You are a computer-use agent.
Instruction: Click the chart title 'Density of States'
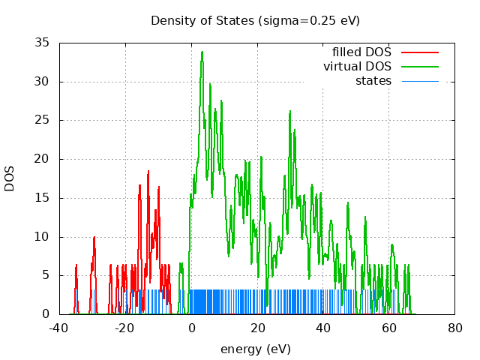pos(202,20)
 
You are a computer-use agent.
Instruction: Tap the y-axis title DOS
pos(10,178)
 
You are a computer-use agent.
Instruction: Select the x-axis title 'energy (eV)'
pos(255,349)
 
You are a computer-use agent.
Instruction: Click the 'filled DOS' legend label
pos(362,52)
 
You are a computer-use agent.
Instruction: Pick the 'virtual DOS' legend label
pos(358,67)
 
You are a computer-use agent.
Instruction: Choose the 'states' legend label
pos(373,81)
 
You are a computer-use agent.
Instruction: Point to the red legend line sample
pos(419,52)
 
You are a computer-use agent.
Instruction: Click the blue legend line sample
pos(419,81)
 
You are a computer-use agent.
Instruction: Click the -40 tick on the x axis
pos(59,328)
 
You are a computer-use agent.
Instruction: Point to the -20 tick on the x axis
pos(125,328)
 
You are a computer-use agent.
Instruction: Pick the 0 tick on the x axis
pos(191,328)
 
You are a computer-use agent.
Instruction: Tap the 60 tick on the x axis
pos(389,328)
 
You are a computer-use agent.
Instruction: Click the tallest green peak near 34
pos(202,52)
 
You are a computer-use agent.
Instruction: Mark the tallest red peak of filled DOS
pos(148,172)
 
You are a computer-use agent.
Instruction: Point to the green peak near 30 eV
pos(290,111)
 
